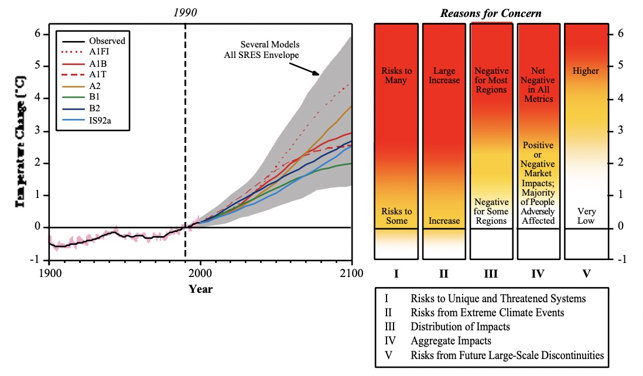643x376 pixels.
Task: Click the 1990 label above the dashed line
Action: click(x=186, y=12)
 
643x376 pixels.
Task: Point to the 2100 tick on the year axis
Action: click(x=351, y=273)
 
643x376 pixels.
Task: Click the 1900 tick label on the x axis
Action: click(x=49, y=273)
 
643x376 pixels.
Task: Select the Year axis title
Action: click(x=200, y=289)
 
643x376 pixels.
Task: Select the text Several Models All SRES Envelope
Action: click(x=270, y=50)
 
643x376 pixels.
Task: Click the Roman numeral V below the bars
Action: click(x=586, y=274)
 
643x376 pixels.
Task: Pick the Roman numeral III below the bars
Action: click(x=491, y=274)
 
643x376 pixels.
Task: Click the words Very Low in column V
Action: click(x=586, y=216)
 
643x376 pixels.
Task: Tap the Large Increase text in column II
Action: click(x=443, y=76)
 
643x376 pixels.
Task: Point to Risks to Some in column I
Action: click(x=396, y=216)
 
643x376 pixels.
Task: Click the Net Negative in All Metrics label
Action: click(x=538, y=85)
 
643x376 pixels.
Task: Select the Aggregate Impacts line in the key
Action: click(x=451, y=341)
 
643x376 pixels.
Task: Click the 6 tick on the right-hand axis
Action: click(x=620, y=34)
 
